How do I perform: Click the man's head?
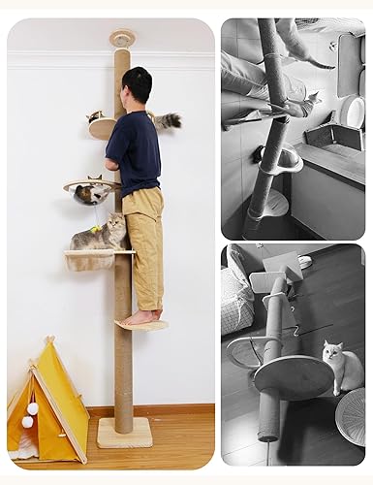point(137,85)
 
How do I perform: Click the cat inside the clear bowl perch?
point(91,192)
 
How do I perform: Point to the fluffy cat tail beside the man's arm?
point(169,120)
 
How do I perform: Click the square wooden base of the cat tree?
point(124,433)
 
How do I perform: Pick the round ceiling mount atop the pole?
point(122,39)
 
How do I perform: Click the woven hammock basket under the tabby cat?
point(92,260)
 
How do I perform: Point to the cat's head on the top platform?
point(96,116)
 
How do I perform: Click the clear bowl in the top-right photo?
point(281,158)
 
